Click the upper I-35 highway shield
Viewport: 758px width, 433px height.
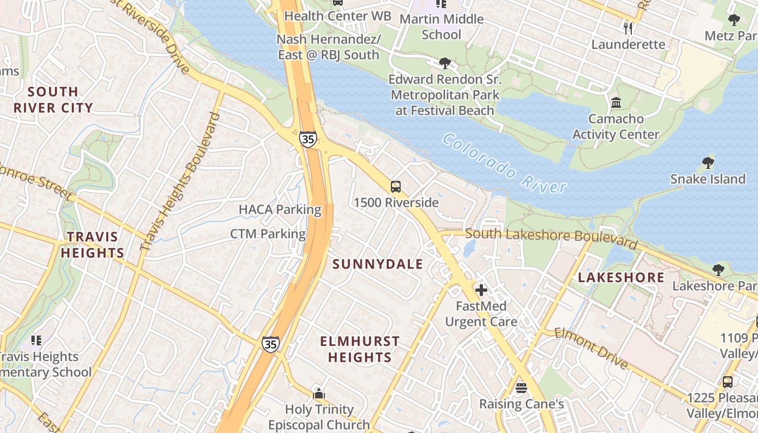308,139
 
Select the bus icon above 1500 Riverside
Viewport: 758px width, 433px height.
396,187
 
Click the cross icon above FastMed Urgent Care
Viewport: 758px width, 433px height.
481,290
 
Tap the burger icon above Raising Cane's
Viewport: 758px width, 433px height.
521,388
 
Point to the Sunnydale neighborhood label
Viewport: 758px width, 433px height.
377,264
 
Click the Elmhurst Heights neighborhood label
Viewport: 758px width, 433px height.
360,349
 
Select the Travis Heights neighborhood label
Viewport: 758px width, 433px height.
92,245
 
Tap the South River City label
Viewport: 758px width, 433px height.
53,100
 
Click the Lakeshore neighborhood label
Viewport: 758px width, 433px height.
621,278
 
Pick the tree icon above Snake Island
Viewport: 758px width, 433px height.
707,162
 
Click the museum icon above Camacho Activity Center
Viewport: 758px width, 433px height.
616,102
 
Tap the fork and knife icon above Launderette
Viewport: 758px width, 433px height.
628,28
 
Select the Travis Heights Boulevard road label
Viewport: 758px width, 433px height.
181,181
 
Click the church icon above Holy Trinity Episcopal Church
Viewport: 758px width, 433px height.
319,393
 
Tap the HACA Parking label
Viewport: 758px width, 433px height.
280,209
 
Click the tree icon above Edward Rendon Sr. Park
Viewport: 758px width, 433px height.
445,63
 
